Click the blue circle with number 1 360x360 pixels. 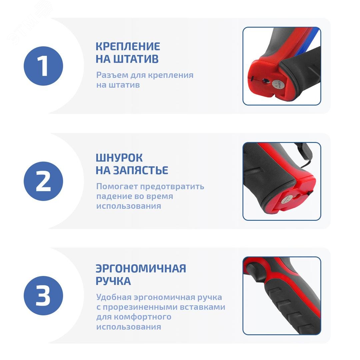(43, 66)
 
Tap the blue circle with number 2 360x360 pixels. (43, 181)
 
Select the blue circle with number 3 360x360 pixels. (43, 296)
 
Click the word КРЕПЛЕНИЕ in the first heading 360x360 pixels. (128, 46)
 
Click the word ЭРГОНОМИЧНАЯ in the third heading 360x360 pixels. (141, 268)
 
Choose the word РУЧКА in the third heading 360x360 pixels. (113, 281)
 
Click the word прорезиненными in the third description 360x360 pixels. (144, 307)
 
